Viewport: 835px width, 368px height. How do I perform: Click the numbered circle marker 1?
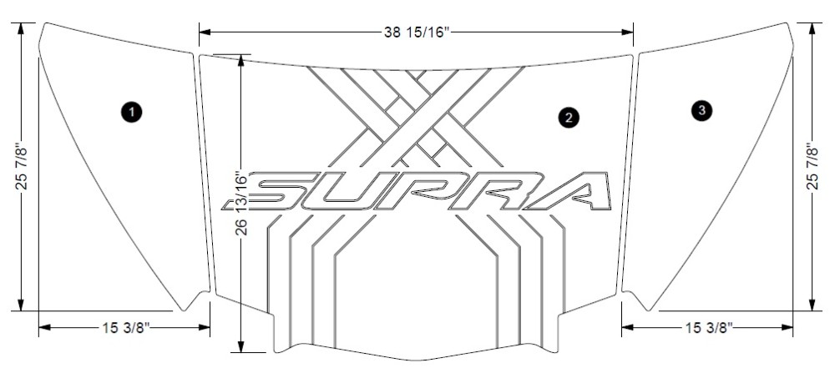131,112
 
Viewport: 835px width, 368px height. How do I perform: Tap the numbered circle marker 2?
569,117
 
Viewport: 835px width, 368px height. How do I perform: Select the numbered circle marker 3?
702,110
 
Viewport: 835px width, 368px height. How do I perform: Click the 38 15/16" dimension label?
417,33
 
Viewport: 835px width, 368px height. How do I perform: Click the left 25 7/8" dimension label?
22,167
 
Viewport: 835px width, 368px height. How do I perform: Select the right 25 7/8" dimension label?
812,167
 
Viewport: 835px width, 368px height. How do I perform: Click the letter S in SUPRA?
277,191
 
